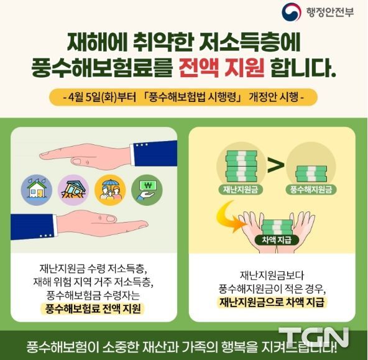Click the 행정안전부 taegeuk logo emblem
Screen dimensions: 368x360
pyautogui.click(x=292, y=12)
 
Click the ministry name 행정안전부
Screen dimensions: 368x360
pyautogui.click(x=329, y=12)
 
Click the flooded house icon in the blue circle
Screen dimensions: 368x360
pyautogui.click(x=37, y=190)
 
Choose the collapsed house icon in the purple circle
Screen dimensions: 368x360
pyautogui.click(x=73, y=190)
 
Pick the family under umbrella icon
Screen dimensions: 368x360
pyautogui.click(x=110, y=190)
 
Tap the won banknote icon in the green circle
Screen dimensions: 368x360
pyautogui.click(x=147, y=190)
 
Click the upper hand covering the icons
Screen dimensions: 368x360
pyautogui.click(x=108, y=155)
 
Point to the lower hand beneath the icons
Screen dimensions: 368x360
pyautogui.click(x=80, y=225)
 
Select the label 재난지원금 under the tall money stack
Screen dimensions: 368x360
pyautogui.click(x=241, y=190)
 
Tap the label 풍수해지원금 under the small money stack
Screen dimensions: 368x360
pyautogui.click(x=311, y=190)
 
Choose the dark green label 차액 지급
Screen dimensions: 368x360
pyautogui.click(x=277, y=240)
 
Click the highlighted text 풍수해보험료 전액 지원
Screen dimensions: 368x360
pyautogui.click(x=93, y=308)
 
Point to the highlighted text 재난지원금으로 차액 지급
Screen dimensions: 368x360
pyautogui.click(x=272, y=302)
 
